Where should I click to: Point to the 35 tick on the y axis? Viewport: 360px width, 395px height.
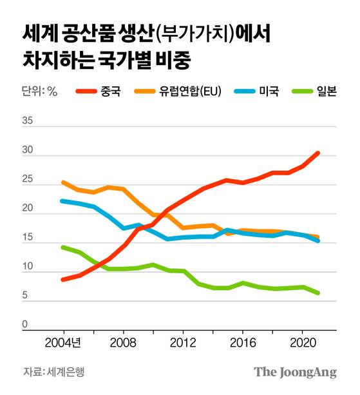click(x=28, y=120)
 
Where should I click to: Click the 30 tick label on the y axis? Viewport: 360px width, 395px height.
click(x=28, y=150)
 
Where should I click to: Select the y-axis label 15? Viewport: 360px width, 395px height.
click(x=28, y=238)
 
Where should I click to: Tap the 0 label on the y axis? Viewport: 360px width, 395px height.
click(x=25, y=325)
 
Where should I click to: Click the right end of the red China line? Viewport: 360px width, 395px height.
click(x=317, y=153)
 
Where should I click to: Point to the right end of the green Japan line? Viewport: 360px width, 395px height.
click(x=317, y=293)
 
